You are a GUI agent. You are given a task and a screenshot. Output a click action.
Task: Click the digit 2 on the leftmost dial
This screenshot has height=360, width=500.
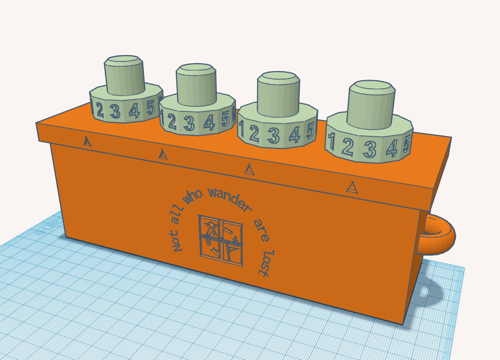tap(100, 110)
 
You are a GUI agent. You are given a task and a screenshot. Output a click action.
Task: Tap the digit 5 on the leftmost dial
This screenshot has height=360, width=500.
tap(151, 107)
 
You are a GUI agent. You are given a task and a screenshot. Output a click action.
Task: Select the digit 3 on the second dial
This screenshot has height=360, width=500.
tap(189, 123)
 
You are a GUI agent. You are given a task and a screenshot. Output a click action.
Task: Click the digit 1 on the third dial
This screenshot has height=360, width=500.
tap(242, 131)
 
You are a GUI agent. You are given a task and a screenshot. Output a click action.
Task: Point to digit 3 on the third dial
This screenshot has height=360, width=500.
tap(274, 135)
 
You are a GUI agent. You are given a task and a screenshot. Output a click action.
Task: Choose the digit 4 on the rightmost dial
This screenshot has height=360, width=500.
tap(392, 148)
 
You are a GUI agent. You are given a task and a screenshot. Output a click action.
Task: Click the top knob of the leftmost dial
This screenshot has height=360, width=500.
tap(123, 74)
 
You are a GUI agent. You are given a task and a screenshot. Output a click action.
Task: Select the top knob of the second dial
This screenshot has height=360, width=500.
tap(196, 84)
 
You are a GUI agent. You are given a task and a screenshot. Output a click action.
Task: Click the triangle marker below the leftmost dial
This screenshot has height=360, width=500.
tap(87, 140)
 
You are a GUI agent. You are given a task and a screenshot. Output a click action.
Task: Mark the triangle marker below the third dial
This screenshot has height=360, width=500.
tap(249, 169)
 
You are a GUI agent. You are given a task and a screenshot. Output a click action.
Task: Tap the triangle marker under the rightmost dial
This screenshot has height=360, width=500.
tap(353, 187)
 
